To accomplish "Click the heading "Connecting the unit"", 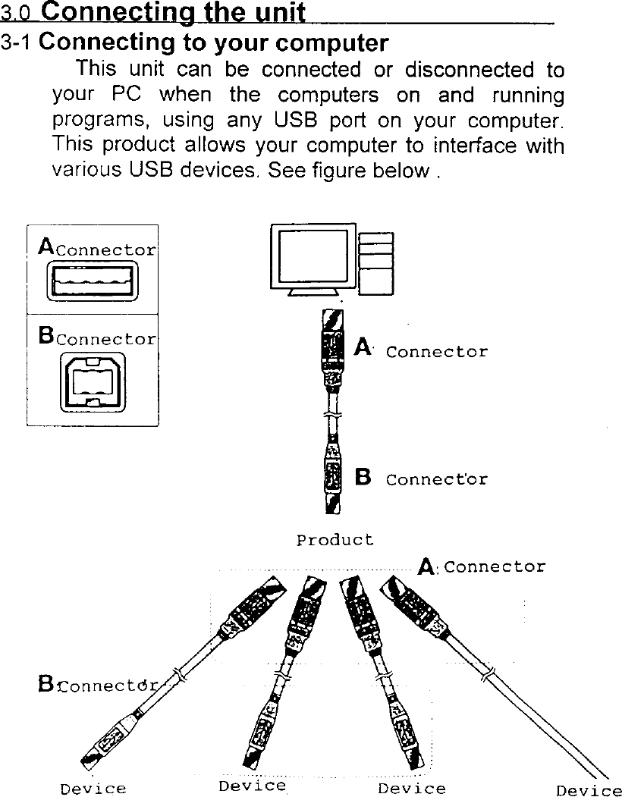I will pyautogui.click(x=174, y=12).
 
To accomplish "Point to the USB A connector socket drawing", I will pyautogui.click(x=92, y=281).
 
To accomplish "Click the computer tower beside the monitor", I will pyautogui.click(x=375, y=262).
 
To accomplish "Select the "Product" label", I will pyautogui.click(x=335, y=541).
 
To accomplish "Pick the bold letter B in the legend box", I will pyautogui.click(x=45, y=335).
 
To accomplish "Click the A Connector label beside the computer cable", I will pyautogui.click(x=422, y=350).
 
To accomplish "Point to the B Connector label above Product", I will pyautogui.click(x=422, y=479).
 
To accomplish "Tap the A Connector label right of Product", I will pyautogui.click(x=482, y=566).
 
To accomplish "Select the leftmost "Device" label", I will pyautogui.click(x=93, y=789).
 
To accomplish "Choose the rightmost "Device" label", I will pyautogui.click(x=588, y=791).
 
